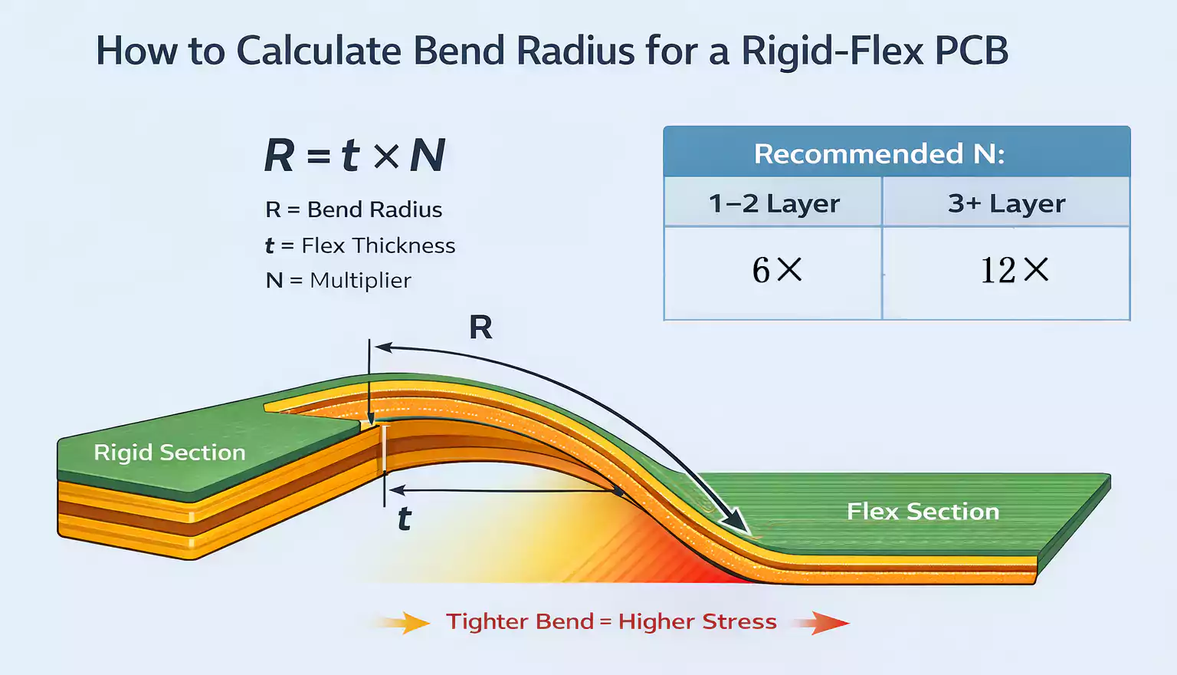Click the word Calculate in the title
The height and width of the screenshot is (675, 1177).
pos(318,51)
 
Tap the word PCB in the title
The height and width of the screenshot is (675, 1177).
pos(970,51)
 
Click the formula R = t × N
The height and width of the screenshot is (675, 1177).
pos(354,156)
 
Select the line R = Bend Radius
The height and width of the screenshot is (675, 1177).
pos(353,209)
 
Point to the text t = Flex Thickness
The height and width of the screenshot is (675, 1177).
pos(360,245)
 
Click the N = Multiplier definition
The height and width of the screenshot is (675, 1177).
pos(338,280)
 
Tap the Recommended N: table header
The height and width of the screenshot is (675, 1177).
pos(879,154)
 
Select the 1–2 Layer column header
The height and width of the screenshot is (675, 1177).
pos(774,204)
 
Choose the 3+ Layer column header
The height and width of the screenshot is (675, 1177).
pos(1006,204)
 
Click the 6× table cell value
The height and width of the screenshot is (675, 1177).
pos(776,270)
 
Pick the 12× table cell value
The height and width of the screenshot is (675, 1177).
pos(1014,270)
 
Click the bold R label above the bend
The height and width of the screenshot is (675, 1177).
pos(480,328)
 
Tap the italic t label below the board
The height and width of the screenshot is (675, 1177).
pos(405,520)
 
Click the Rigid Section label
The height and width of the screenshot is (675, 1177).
pos(169,453)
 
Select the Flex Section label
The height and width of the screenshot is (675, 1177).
pos(923,512)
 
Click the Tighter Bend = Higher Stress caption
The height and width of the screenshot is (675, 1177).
pos(611,621)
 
